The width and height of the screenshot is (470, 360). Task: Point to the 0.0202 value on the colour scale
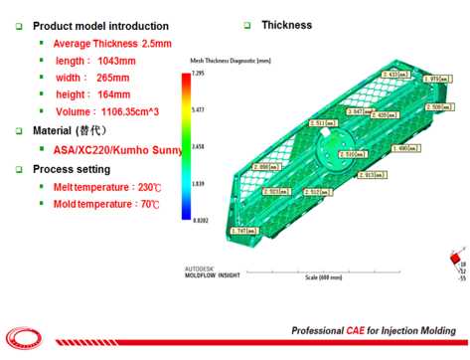click(x=198, y=220)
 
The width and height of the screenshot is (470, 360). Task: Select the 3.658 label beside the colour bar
click(x=198, y=147)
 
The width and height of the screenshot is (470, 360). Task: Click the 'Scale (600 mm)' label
click(x=323, y=277)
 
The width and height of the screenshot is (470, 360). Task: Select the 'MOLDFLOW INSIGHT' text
click(x=213, y=276)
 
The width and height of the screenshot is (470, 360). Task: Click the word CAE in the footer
click(x=350, y=330)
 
